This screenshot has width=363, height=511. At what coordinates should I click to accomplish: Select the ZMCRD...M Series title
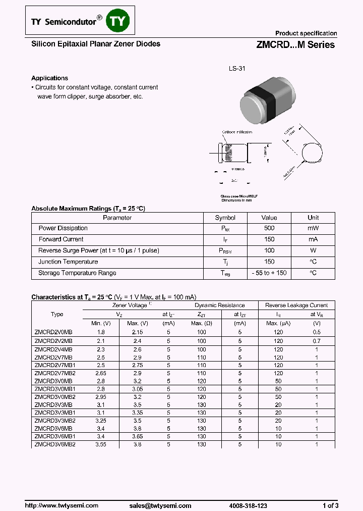[x=292, y=44]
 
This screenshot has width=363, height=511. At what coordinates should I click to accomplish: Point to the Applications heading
[x=49, y=78]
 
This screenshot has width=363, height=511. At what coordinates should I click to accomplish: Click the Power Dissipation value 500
[x=269, y=228]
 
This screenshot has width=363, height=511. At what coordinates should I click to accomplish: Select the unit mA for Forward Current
[x=313, y=239]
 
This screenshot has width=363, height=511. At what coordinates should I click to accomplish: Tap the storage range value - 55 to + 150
[x=269, y=273]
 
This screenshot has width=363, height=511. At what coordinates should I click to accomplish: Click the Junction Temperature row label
[x=68, y=262]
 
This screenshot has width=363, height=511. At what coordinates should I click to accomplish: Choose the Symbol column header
[x=225, y=218]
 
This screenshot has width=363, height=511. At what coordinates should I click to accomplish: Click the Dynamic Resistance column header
[x=219, y=305]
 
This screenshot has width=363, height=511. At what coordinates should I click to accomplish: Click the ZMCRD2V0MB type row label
[x=53, y=333]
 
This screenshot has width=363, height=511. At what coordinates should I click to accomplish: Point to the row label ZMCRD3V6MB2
[x=55, y=444]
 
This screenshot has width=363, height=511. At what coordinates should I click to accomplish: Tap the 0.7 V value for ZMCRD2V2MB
[x=317, y=341]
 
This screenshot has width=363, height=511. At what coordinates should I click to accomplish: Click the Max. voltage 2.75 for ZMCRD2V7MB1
[x=138, y=365]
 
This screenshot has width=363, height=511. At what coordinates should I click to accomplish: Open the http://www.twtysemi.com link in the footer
[x=58, y=505]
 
